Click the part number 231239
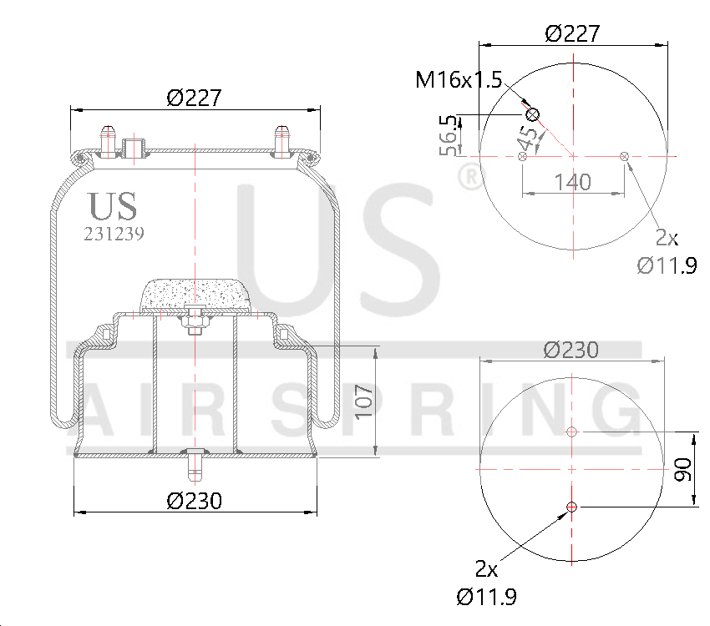[114, 235]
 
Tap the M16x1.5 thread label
[459, 80]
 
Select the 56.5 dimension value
[449, 135]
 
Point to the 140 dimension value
[573, 181]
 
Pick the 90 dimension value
[682, 469]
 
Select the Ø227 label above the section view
[194, 98]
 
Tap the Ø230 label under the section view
[194, 501]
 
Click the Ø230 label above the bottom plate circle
[571, 350]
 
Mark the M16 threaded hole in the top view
[532, 114]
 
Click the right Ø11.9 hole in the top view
[625, 155]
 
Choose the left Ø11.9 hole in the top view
[523, 156]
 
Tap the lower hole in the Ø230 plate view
[572, 507]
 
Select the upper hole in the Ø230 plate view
[572, 432]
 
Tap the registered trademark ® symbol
[469, 176]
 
